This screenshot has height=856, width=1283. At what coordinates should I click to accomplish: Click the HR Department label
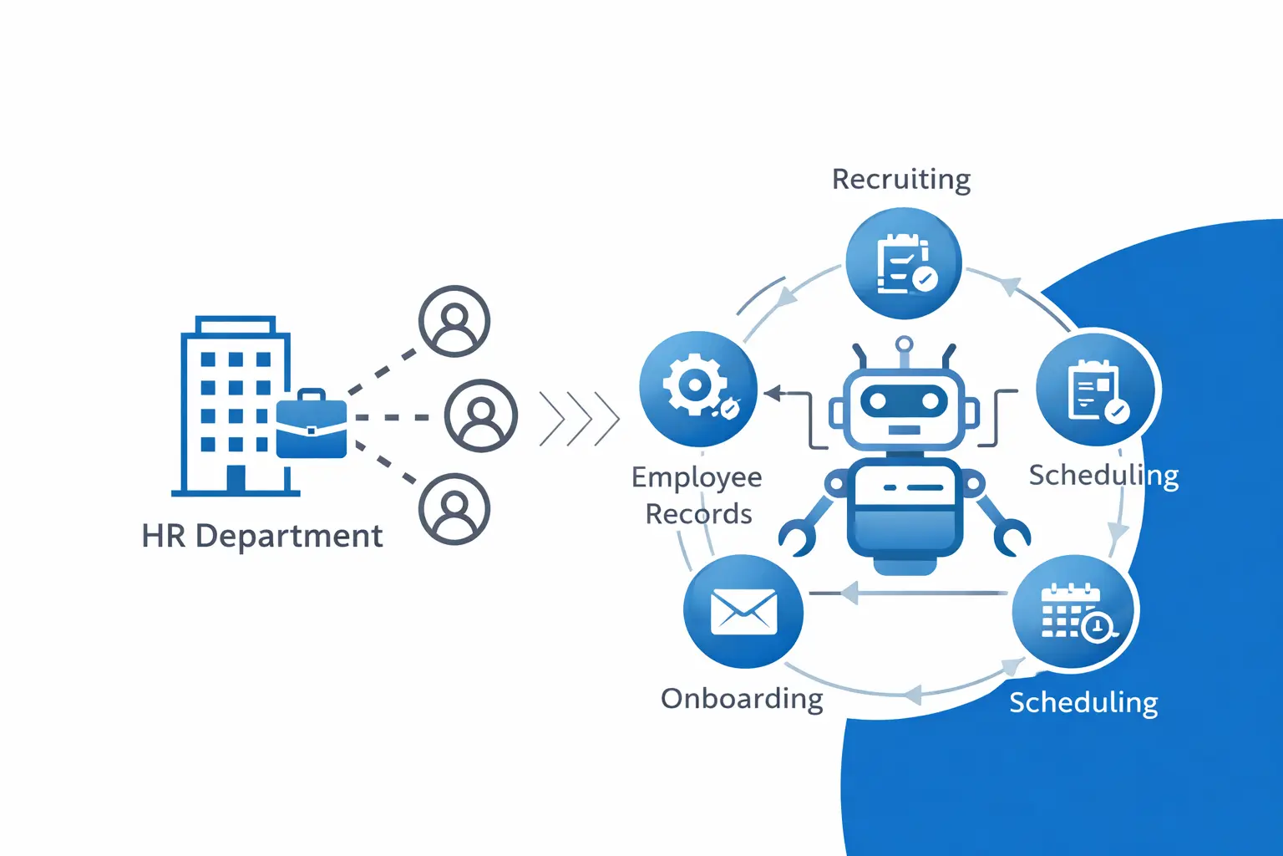[261, 536]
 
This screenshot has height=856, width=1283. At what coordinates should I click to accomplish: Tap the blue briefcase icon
[311, 427]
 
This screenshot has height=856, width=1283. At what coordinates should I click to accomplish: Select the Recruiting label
[901, 179]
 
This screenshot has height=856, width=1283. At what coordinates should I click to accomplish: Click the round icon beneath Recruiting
[904, 263]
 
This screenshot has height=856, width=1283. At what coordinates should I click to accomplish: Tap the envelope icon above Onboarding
[743, 611]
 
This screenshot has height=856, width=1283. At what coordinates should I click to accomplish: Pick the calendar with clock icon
[1073, 613]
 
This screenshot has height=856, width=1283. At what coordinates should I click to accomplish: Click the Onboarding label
[742, 698]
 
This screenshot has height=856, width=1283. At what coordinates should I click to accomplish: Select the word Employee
[697, 477]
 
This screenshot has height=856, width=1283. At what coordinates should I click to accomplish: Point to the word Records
[698, 513]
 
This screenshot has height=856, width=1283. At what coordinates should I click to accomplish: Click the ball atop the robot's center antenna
[904, 344]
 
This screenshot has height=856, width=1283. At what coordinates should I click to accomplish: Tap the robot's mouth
[904, 430]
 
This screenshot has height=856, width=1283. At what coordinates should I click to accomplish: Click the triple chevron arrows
[580, 417]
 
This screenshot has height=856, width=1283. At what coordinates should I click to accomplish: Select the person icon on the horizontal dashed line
[480, 415]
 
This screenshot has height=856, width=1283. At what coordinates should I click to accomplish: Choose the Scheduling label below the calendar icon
[1083, 702]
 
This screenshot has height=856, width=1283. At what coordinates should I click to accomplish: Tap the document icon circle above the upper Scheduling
[1096, 390]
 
